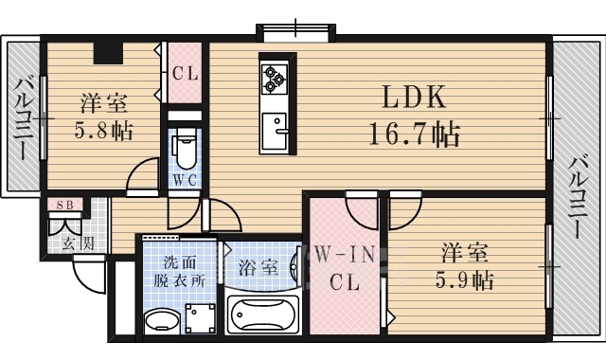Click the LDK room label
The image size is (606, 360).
click(414, 97)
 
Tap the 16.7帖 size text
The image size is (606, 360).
click(415, 134)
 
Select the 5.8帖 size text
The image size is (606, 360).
click(103, 131)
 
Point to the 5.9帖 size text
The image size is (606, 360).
click(465, 279)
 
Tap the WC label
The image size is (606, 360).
click(186, 180)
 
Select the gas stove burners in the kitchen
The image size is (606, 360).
click(274, 79)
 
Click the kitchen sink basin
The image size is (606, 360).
click(274, 132)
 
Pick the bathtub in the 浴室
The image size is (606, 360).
click(263, 315)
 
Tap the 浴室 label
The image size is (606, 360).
click(258, 267)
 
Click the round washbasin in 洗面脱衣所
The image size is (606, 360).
click(162, 320)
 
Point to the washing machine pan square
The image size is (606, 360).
click(200, 318)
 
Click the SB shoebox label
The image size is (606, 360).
click(65, 205)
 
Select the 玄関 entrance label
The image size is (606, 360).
click(79, 243)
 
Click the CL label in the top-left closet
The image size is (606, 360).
click(186, 73)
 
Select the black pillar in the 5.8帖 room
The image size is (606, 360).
click(108, 52)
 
